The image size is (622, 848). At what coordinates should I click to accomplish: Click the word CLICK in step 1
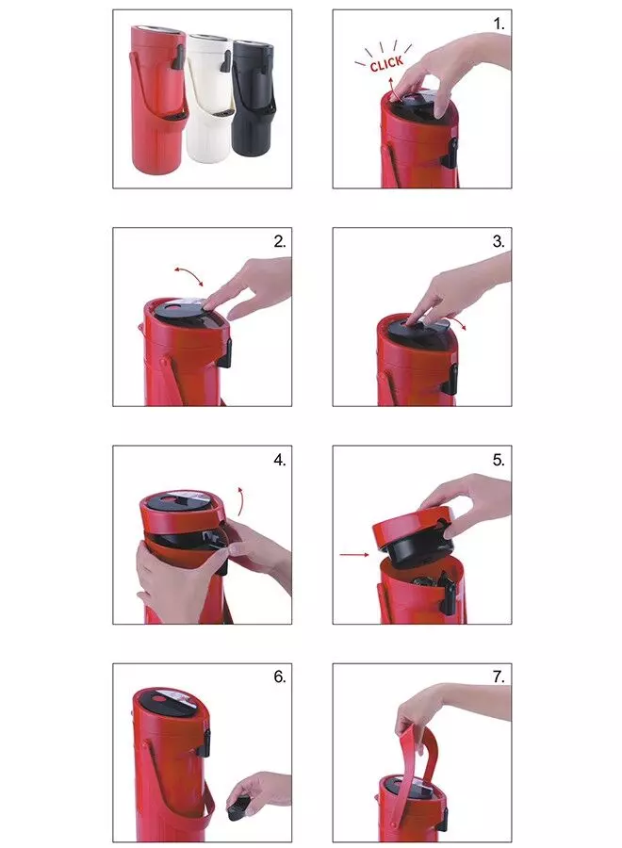point(386,64)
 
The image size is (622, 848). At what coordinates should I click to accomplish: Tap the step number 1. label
point(499,24)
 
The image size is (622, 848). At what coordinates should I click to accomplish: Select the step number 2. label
point(280,242)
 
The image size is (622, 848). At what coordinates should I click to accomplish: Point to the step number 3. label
point(499,242)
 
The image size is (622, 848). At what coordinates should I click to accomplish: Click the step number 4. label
point(280,460)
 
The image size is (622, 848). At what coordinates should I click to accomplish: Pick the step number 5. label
point(499,460)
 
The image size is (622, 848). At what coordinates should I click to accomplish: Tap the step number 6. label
point(280,677)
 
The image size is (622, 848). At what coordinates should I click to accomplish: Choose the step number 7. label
point(499,677)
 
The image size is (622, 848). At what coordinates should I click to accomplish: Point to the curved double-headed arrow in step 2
point(188,274)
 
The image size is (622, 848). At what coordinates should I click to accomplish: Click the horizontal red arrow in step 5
point(354,554)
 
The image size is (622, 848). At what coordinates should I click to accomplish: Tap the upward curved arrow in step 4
point(241,501)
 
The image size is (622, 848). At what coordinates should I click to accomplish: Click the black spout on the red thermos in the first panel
point(178,57)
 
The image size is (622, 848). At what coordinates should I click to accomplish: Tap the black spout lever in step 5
point(449,594)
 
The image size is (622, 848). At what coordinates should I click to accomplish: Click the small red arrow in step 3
point(459,323)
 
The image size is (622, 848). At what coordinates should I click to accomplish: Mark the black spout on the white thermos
point(224,61)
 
